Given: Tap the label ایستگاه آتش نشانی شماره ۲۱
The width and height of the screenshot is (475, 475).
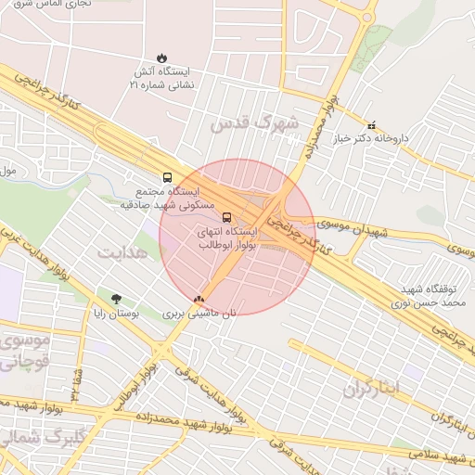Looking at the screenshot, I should (163, 78).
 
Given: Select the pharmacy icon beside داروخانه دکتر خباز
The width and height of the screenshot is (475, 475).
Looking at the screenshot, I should (372, 125).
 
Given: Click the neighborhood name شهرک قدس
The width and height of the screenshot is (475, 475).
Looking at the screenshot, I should (256, 122).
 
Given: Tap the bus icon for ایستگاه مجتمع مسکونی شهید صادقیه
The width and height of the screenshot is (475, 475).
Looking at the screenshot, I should (167, 176).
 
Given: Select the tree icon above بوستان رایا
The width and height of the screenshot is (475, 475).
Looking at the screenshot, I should (116, 299).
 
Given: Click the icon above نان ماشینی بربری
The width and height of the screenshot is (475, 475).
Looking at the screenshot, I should (199, 300).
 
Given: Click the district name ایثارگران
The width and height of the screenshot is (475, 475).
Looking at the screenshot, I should (369, 387).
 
